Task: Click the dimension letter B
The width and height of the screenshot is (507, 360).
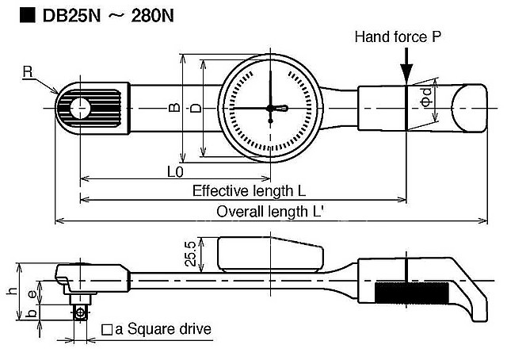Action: pos(173,110)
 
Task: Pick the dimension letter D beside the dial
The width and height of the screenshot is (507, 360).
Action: pos(195,110)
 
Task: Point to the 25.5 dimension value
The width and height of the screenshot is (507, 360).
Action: pos(191,256)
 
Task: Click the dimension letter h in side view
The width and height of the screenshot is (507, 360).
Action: pos(11,291)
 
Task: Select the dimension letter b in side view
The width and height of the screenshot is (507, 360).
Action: pos(29,314)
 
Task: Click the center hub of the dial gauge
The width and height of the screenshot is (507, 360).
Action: pos(270,108)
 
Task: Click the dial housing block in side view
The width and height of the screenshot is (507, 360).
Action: pos(269,255)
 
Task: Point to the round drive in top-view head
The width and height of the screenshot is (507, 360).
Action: pos(78,108)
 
